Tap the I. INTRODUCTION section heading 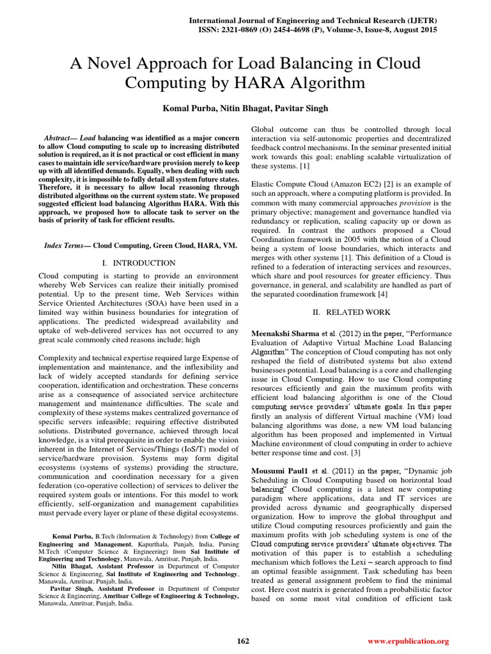tap(139, 262)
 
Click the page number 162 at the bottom tap(243, 641)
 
